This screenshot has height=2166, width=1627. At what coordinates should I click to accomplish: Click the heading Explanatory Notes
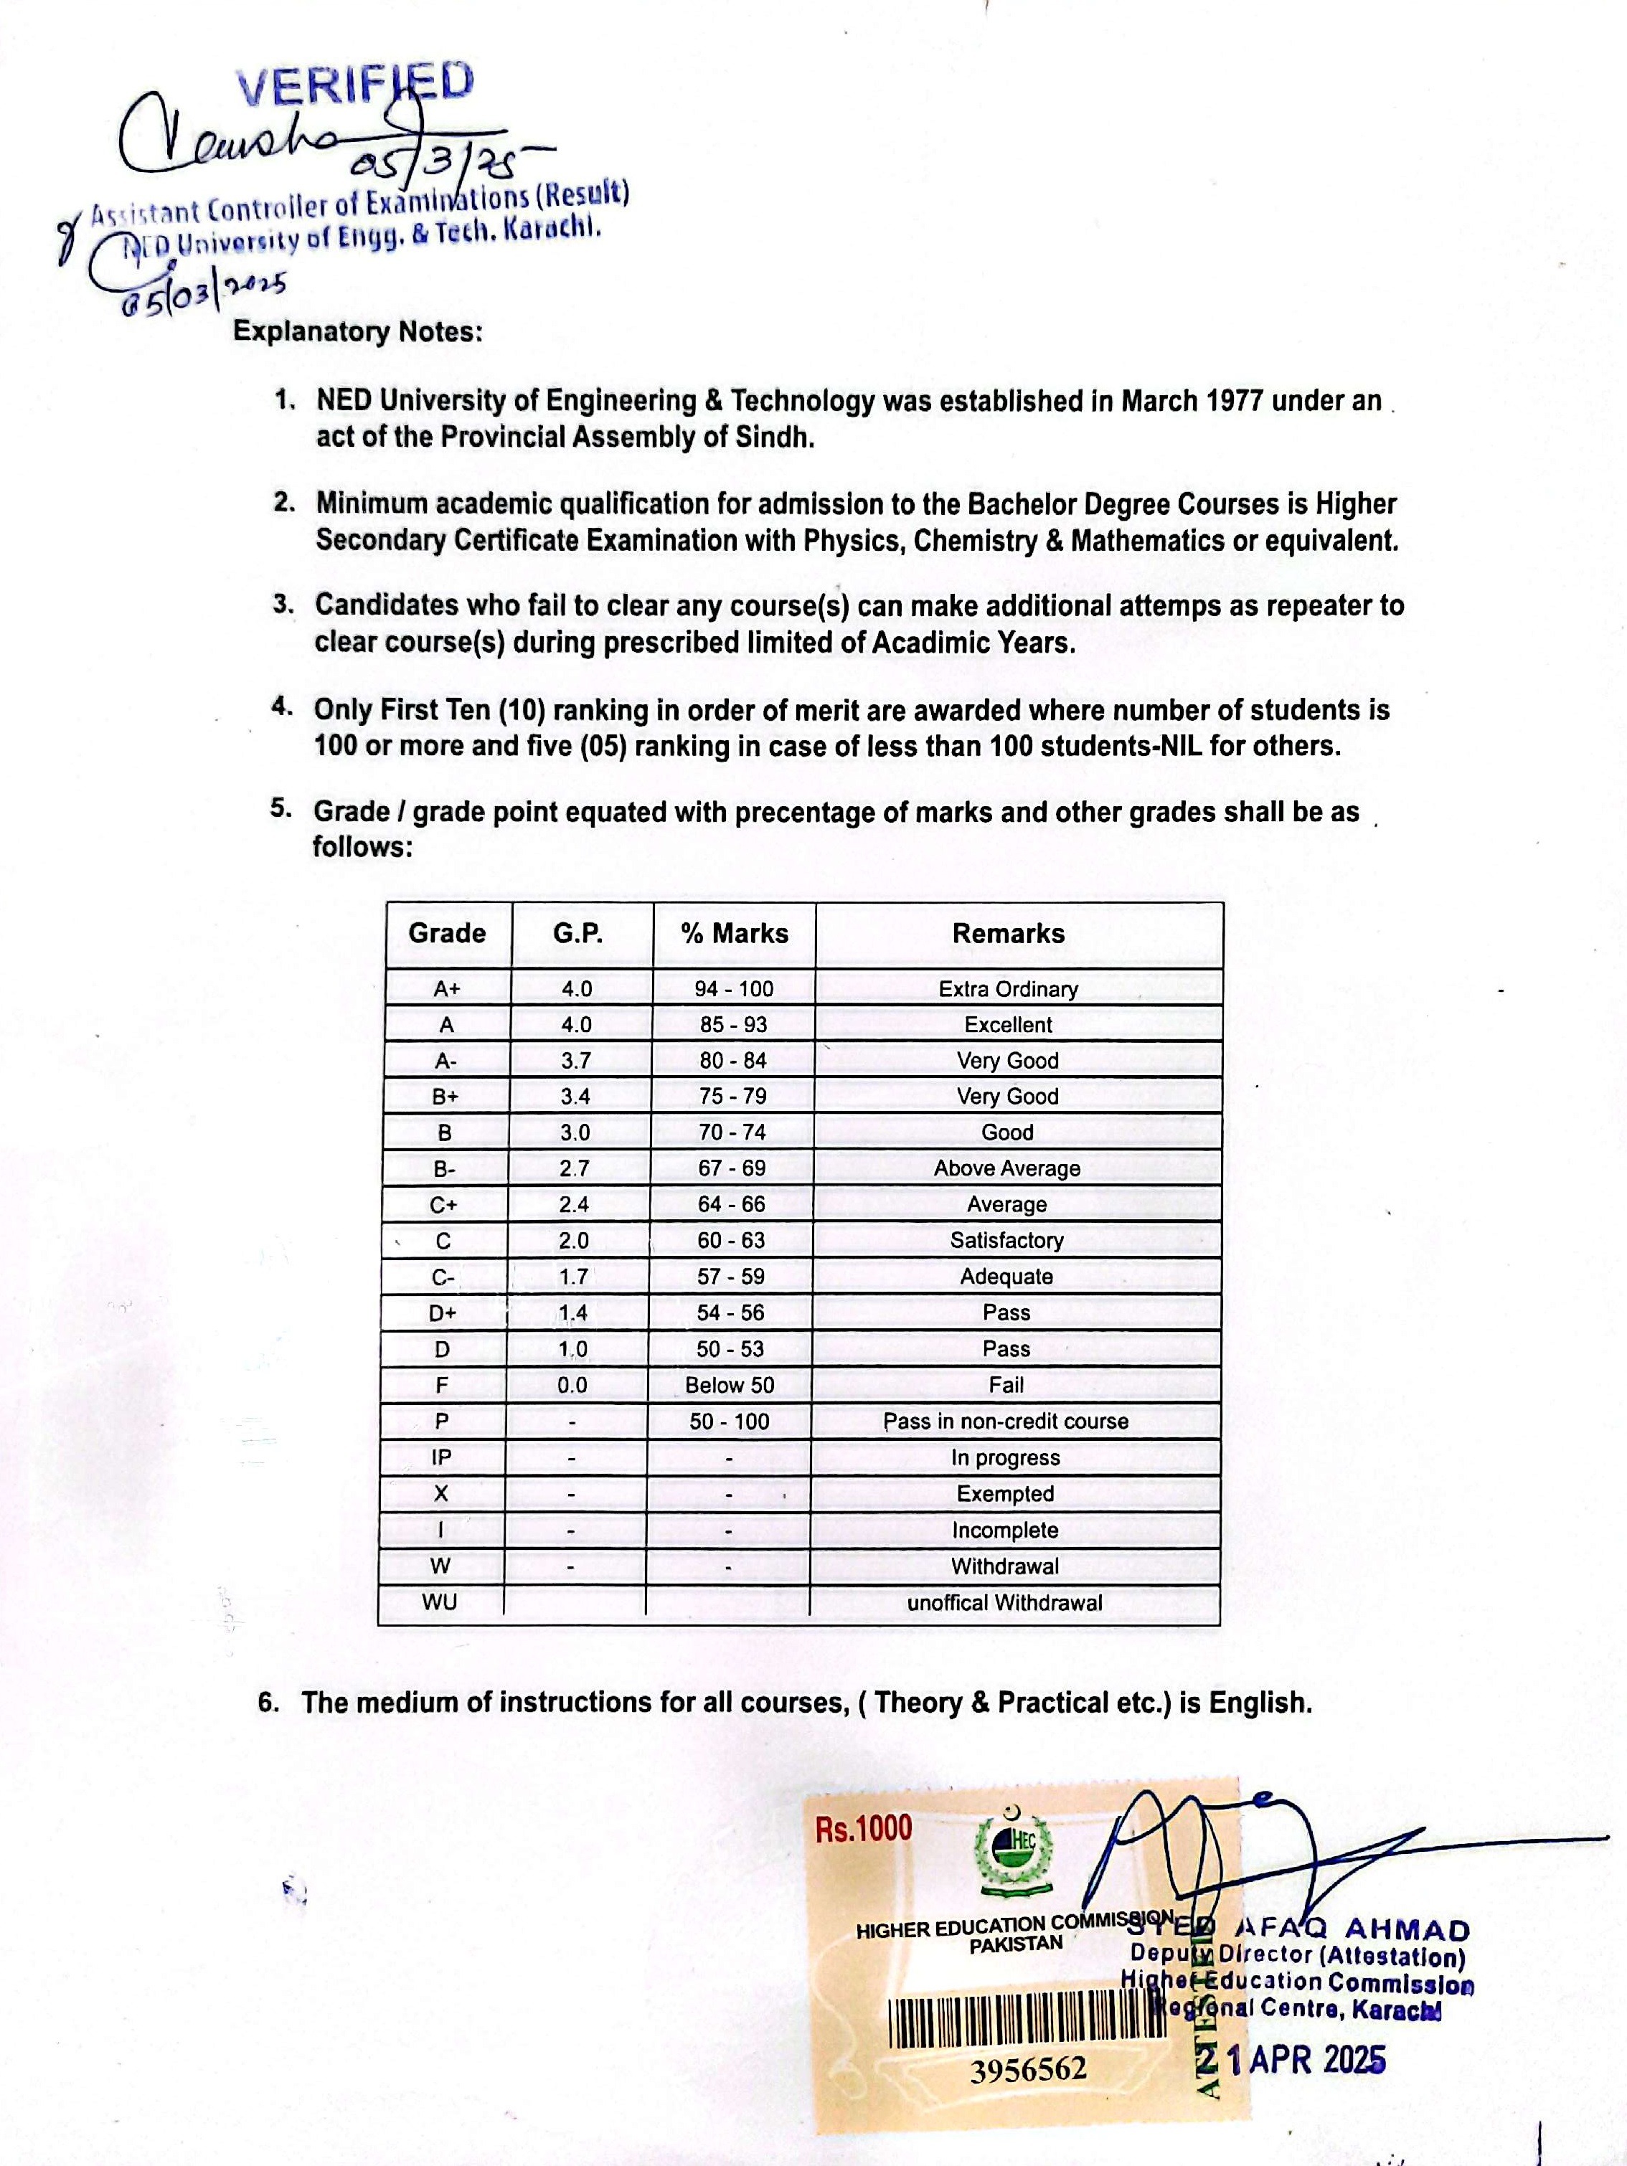(357, 332)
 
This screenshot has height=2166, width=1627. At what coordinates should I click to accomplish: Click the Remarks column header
(1008, 933)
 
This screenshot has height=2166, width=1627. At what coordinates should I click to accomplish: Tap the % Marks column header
(735, 933)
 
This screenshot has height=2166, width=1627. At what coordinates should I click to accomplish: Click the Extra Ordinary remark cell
(1008, 989)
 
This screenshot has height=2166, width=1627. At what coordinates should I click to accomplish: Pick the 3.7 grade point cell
(576, 1061)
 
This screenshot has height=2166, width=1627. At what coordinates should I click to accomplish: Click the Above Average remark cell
(1007, 1168)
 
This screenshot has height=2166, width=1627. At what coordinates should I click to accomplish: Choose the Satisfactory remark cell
(1007, 1241)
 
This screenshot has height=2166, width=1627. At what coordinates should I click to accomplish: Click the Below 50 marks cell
(730, 1386)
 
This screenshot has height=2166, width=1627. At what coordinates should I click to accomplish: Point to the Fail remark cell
(1006, 1386)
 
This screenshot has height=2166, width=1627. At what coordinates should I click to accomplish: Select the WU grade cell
(440, 1603)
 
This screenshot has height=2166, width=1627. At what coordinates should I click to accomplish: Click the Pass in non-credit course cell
(1006, 1422)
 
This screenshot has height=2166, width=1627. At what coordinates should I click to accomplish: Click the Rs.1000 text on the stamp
(863, 1828)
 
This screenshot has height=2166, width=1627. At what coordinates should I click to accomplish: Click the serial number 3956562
(1029, 2070)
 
